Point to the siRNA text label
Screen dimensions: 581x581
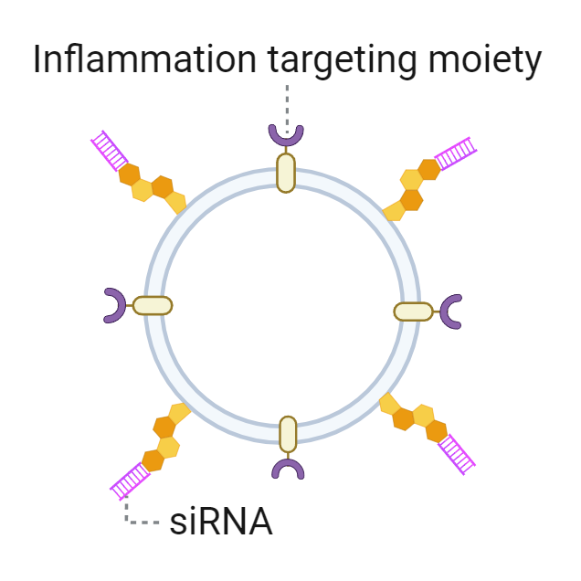point(220,522)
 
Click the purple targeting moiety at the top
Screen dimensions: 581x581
point(286,134)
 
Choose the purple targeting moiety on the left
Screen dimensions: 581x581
point(114,305)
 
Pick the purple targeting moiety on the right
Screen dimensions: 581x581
point(451,312)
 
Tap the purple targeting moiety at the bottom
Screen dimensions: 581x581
point(288,469)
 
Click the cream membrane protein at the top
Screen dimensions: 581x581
point(286,172)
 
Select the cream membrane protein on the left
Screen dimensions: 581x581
point(153,305)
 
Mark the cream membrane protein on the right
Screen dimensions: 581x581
point(413,312)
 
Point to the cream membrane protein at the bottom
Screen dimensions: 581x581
point(288,434)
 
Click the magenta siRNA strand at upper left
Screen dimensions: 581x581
point(110,150)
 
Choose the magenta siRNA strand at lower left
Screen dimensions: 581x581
point(130,481)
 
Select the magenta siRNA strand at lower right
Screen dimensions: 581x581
point(457,453)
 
